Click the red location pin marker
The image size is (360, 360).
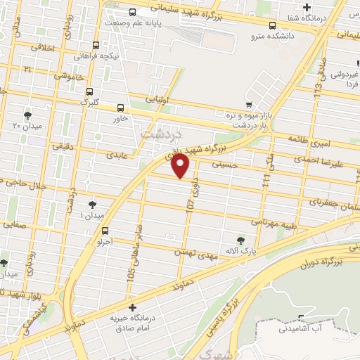tap(181, 166)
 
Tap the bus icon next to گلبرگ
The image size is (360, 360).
tap(89, 91)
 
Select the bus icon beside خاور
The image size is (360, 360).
tap(121, 108)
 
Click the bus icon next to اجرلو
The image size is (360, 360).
tap(105, 231)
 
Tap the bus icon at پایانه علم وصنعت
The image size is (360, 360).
tap(133, 11)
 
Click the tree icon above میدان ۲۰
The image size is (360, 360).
tap(27, 115)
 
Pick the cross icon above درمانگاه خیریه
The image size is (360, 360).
tap(131, 308)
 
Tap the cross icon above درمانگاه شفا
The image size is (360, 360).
tap(307, 7)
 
